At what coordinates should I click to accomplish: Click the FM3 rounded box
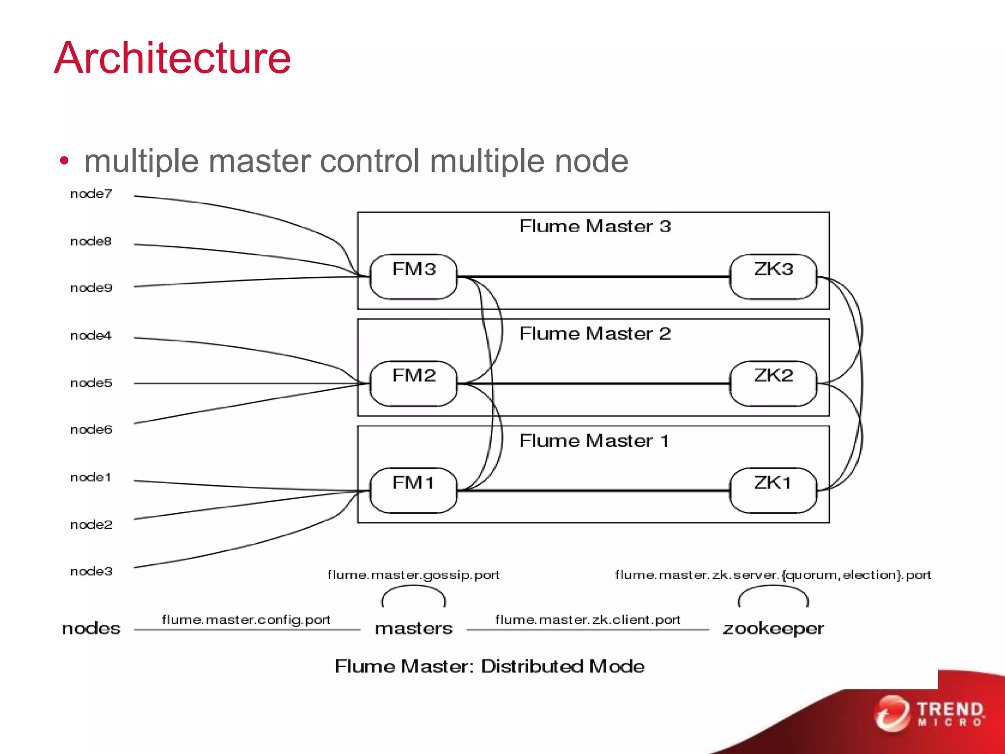point(413,276)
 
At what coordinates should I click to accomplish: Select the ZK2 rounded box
point(773,383)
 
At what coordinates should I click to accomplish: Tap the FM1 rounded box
point(413,490)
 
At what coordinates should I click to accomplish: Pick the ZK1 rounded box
point(773,490)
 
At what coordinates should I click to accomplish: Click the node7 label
point(91,194)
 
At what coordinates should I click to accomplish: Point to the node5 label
point(91,383)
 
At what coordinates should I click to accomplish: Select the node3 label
point(91,571)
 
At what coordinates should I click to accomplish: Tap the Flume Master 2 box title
point(595,334)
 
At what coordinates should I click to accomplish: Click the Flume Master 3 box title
point(595,226)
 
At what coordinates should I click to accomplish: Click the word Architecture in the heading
point(173,58)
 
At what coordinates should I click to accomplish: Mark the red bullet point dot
point(64,161)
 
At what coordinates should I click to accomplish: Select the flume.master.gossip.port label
point(413,575)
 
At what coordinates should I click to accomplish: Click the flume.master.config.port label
point(246,619)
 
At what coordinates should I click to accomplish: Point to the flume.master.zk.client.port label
point(587,619)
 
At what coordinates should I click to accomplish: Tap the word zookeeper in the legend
point(773,628)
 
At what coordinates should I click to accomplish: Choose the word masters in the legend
point(413,628)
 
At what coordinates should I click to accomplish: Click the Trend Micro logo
point(930,713)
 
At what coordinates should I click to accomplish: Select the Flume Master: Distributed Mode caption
point(489,666)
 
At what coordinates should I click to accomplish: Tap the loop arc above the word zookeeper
point(773,588)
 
